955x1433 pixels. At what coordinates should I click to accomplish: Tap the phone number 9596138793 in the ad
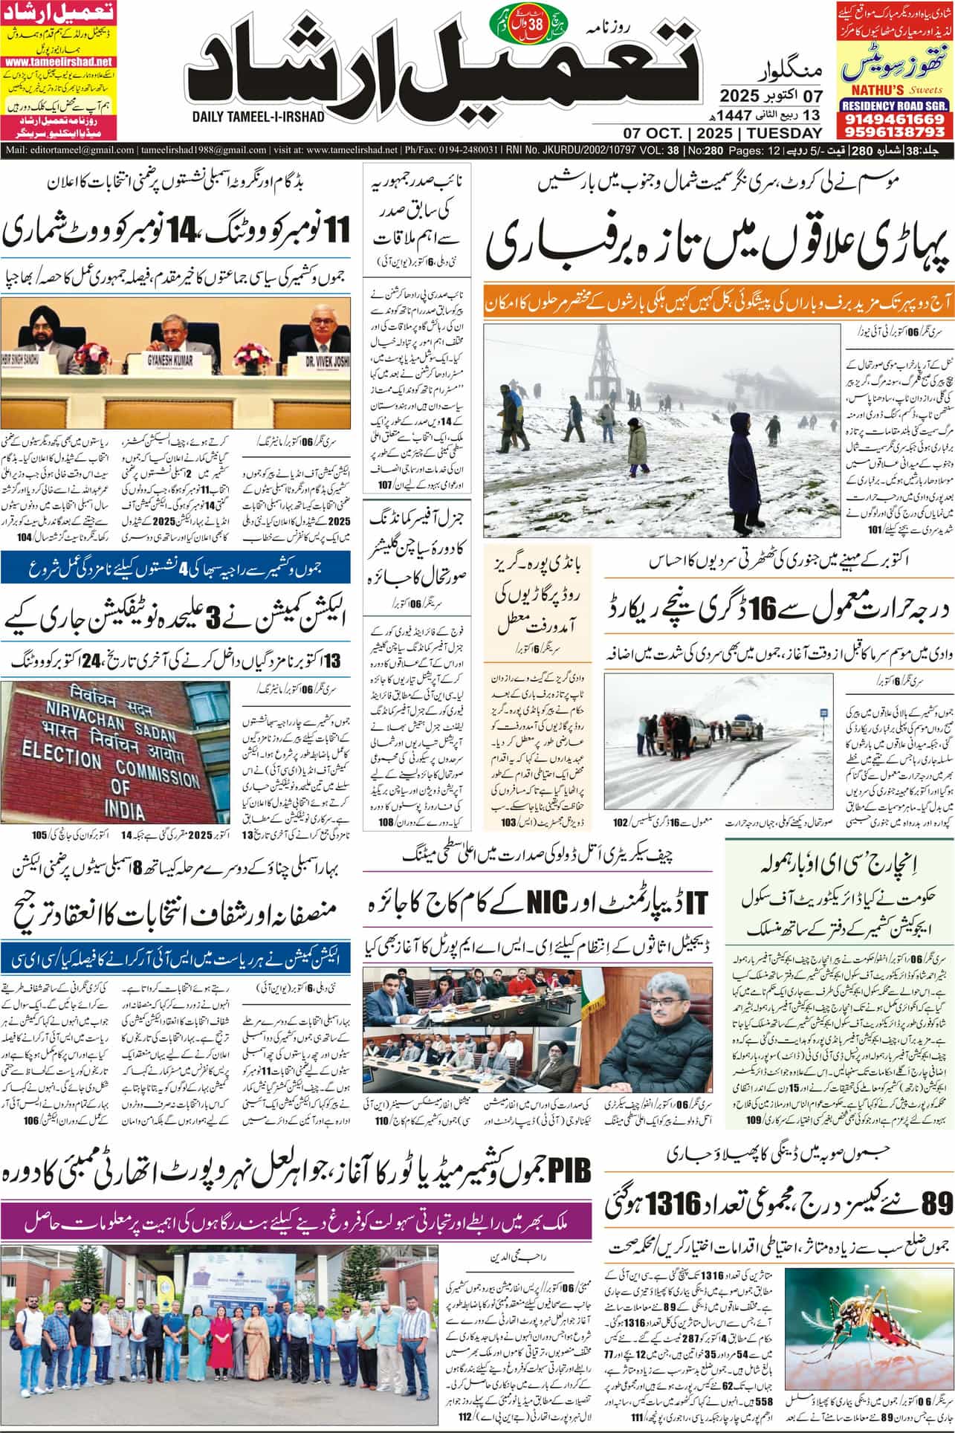point(895,132)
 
